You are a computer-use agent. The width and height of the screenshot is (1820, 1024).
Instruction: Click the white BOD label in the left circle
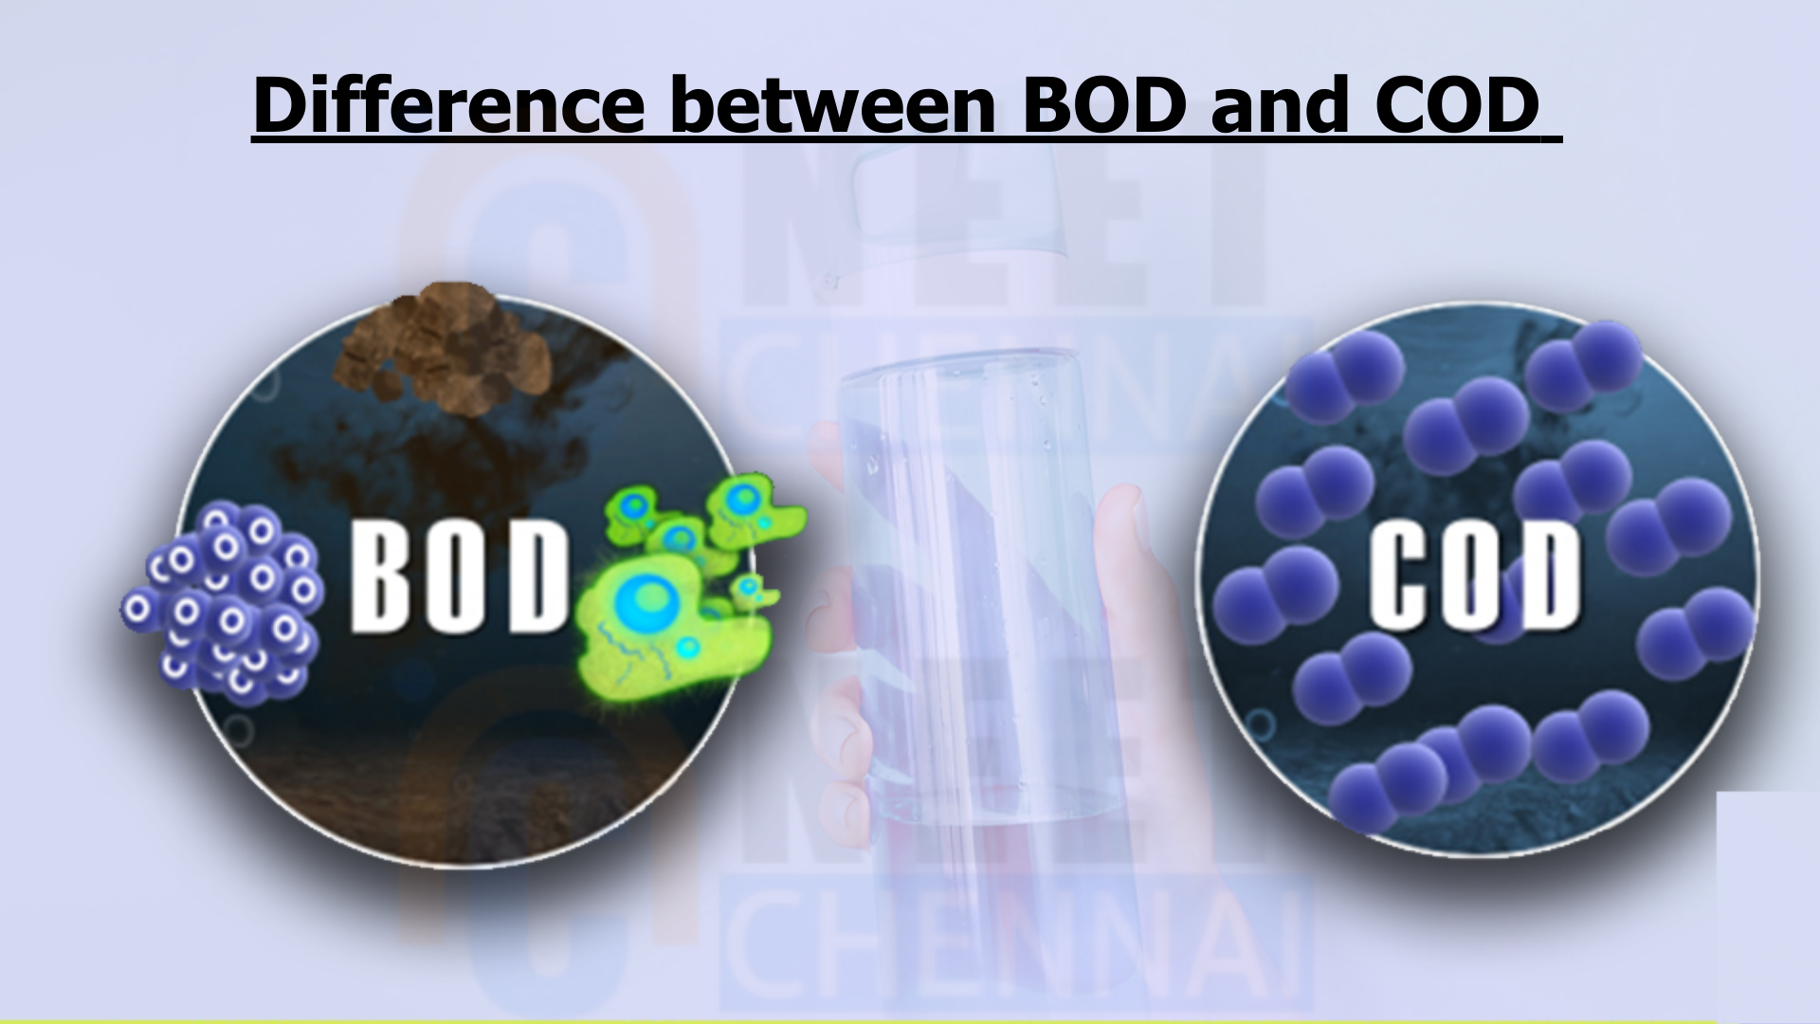pos(457,577)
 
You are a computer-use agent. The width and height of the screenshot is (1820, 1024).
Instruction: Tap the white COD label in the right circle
pos(1475,578)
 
